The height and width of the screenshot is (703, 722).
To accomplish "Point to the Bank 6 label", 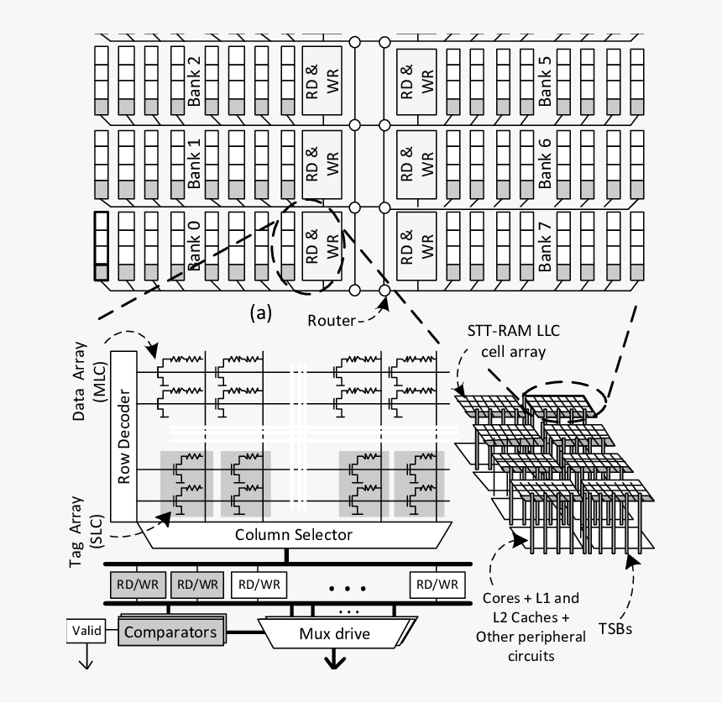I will coord(545,163).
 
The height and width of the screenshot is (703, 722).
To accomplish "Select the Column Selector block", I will coord(293,534).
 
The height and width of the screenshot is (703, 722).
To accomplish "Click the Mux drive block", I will coord(335,633).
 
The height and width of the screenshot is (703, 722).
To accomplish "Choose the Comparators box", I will coord(170,632).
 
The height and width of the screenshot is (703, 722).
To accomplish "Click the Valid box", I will coord(86,629).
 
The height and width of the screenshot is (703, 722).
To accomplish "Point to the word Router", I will coord(330,320).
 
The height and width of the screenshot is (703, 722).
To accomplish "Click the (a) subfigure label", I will coord(261,312).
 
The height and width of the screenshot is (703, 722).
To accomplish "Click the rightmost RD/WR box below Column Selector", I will coord(437,584).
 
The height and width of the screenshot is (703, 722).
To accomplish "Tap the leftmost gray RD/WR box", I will coord(136,584).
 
